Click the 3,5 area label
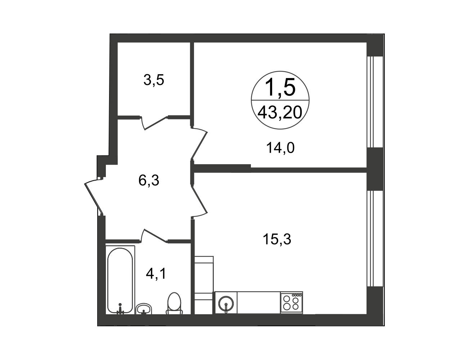(154, 80)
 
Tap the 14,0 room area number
(280, 148)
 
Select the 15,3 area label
(277, 239)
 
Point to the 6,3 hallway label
(149, 180)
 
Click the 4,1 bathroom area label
(156, 274)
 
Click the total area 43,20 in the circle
(280, 113)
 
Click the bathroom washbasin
(144, 309)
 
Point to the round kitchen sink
(226, 304)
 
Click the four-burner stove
(292, 303)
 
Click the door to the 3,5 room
(155, 123)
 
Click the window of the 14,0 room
(375, 102)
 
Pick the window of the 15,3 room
(375, 239)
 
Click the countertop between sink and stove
(258, 303)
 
